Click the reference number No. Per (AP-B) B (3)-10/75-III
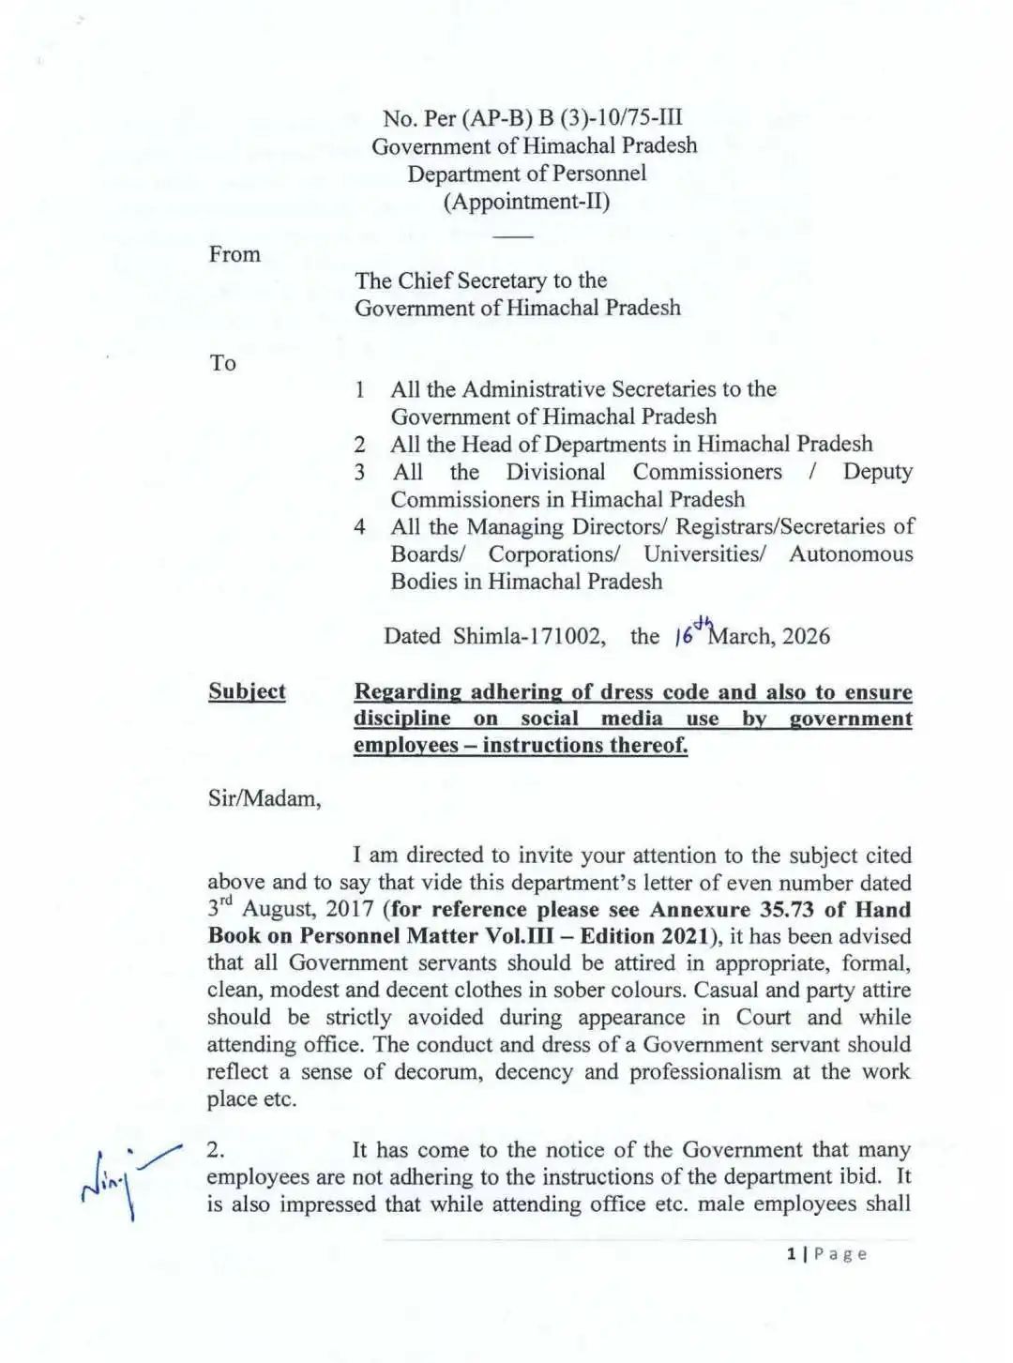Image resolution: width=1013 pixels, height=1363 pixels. pos(533,118)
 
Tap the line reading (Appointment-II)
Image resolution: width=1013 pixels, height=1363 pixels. pos(526,202)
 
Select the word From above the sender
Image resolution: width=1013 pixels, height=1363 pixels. pos(234,254)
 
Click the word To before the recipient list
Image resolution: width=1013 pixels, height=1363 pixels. pos(223,363)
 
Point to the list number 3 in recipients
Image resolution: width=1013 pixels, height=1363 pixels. pos(359,472)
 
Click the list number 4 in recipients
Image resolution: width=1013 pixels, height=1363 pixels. pos(359,527)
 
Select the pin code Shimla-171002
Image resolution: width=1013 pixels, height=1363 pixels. pos(528,637)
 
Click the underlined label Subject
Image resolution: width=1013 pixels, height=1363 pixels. pos(247,692)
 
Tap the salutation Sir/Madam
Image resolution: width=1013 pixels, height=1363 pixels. pos(265,799)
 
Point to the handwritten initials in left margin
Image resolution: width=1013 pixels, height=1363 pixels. pos(129,1180)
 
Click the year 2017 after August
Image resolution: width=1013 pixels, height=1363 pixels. pos(350,910)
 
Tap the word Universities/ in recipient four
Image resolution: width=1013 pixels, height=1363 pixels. pos(704,554)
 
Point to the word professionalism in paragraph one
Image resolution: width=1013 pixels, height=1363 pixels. pos(704,1072)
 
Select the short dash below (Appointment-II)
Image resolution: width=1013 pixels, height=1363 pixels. pos(513,235)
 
